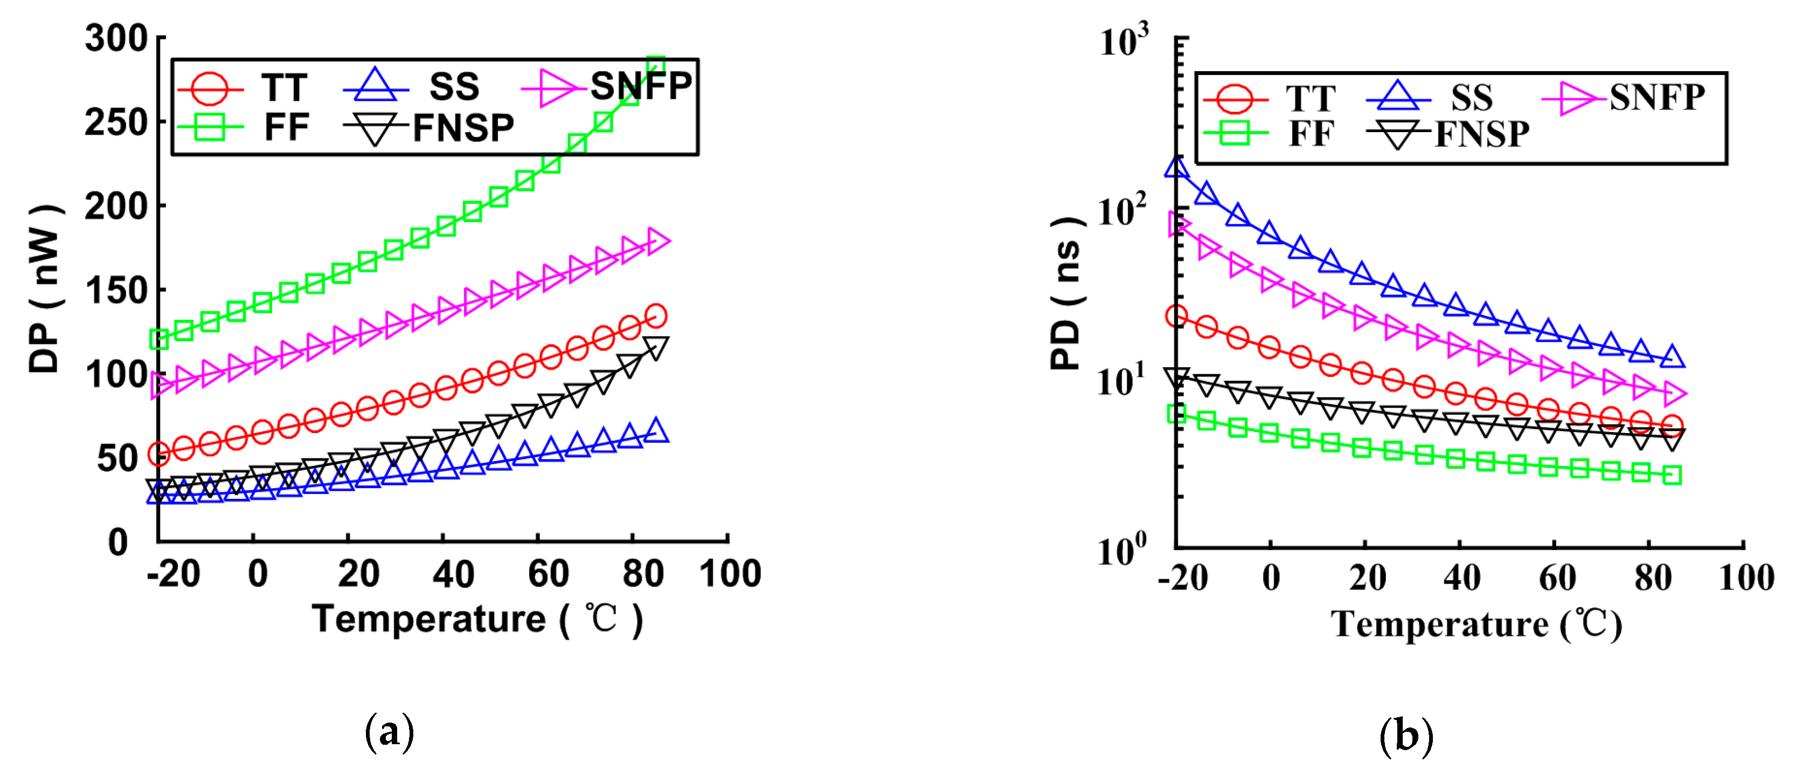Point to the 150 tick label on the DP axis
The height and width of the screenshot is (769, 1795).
click(x=116, y=291)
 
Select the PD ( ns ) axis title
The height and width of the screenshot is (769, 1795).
click(x=1066, y=293)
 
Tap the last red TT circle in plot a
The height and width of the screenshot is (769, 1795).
click(x=656, y=316)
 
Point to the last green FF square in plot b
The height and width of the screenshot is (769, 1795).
click(x=1672, y=476)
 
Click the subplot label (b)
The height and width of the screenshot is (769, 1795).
click(x=1405, y=736)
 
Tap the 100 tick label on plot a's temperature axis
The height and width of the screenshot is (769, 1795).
click(x=730, y=574)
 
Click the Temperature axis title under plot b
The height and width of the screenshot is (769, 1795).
click(x=1476, y=624)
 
